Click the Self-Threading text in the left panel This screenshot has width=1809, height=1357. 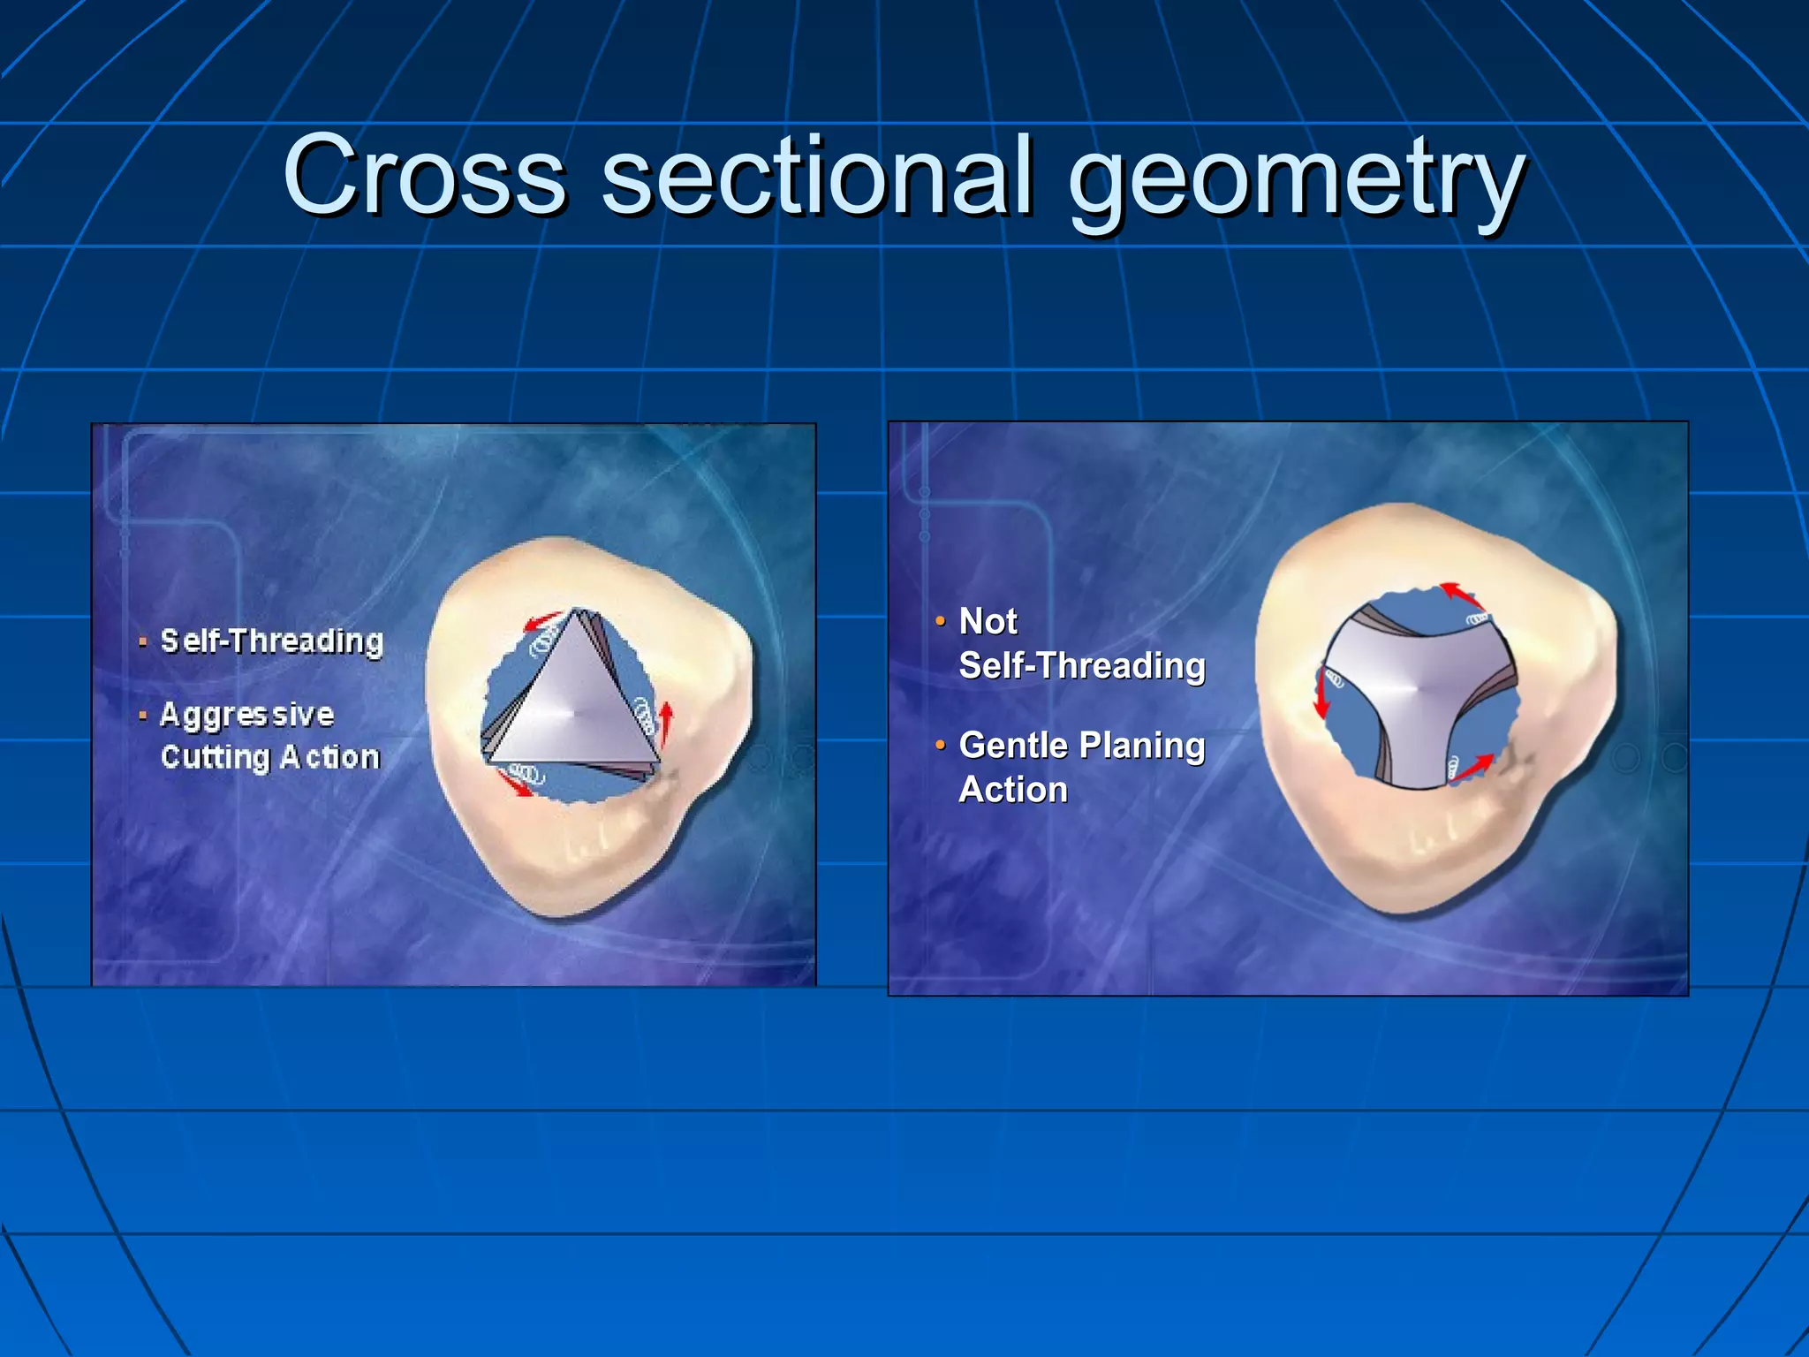click(x=272, y=641)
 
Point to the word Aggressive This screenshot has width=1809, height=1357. click(x=247, y=714)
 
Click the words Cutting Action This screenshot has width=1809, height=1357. click(x=270, y=757)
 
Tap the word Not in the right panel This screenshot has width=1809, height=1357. click(x=988, y=621)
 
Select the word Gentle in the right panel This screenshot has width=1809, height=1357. click(x=1013, y=745)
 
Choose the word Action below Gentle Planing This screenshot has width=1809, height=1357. click(x=1013, y=789)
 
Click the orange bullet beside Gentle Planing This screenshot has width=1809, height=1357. click(x=940, y=745)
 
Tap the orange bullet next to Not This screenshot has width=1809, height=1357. click(x=940, y=620)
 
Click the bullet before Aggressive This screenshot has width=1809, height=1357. click(x=142, y=715)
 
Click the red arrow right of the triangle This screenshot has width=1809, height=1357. click(x=667, y=722)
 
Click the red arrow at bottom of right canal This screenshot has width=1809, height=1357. click(x=1472, y=769)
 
